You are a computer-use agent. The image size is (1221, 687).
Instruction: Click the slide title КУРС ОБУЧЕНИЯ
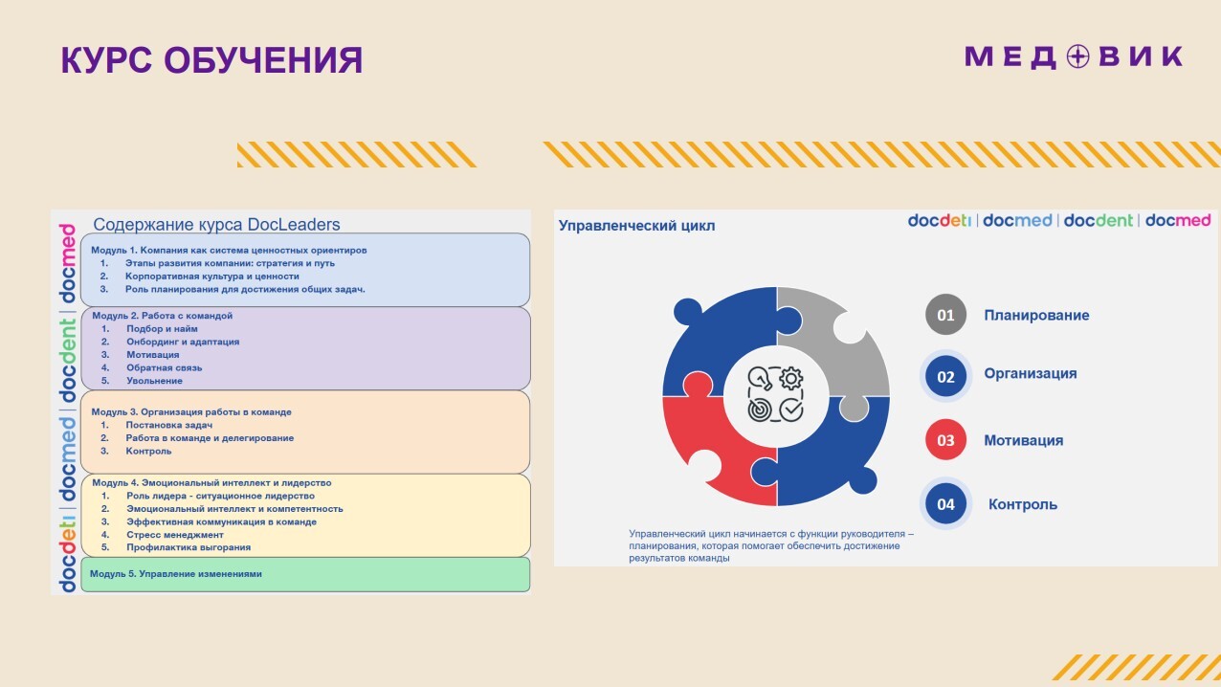pos(211,60)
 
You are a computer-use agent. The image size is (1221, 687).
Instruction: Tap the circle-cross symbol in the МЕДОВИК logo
pos(1077,56)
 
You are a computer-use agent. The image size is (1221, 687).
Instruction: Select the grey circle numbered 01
pos(945,315)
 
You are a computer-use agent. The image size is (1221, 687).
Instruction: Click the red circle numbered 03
pos(945,439)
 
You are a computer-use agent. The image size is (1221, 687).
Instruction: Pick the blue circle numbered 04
pos(945,504)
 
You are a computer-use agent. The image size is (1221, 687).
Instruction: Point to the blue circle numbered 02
pos(945,376)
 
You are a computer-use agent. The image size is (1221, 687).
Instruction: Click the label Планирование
pos(1036,315)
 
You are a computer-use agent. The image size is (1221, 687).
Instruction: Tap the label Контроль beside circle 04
pos(1023,504)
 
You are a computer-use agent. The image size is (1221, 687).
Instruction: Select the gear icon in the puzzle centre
pos(791,378)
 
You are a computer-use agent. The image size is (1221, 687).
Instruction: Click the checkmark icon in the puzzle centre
pos(791,410)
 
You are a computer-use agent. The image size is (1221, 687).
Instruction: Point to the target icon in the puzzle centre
pos(760,410)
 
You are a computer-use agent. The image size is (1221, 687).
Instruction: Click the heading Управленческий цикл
pos(636,226)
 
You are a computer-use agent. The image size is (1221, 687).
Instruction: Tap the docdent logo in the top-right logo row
pos(1098,220)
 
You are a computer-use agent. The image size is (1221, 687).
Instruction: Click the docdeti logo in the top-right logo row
pos(939,220)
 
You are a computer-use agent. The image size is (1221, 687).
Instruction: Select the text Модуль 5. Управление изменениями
pos(175,573)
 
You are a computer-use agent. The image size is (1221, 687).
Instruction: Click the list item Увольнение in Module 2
pos(154,381)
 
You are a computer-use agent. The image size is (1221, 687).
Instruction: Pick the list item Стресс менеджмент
pos(175,534)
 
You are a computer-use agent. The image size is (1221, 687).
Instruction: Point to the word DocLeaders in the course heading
pos(293,224)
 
